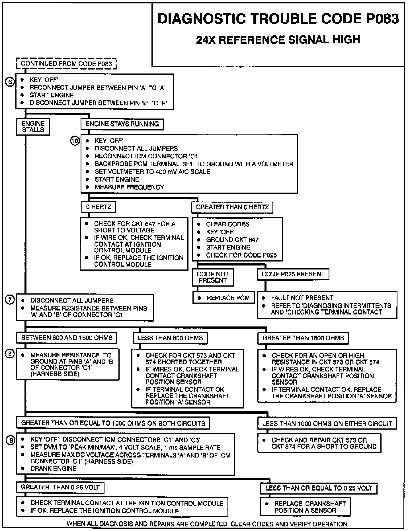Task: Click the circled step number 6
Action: [10, 82]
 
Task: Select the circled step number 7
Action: [10, 300]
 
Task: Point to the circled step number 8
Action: [10, 354]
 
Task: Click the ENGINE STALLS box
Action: [33, 126]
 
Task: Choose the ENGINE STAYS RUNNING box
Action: [122, 124]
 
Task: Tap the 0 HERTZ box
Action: [99, 207]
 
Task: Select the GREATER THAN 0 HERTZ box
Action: [232, 207]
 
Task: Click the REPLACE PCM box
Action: [224, 298]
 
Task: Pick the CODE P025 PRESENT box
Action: [293, 274]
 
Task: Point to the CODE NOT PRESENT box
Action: [213, 277]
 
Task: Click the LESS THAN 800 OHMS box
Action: [170, 338]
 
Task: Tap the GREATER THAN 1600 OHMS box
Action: [303, 338]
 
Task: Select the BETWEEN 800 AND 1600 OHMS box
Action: [67, 338]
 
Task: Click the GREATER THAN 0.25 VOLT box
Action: [60, 487]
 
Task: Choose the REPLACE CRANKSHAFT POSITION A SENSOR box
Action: [305, 507]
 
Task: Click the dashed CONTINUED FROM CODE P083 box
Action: [66, 64]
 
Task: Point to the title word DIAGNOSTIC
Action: [201, 19]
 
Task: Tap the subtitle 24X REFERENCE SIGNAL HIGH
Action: [278, 39]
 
